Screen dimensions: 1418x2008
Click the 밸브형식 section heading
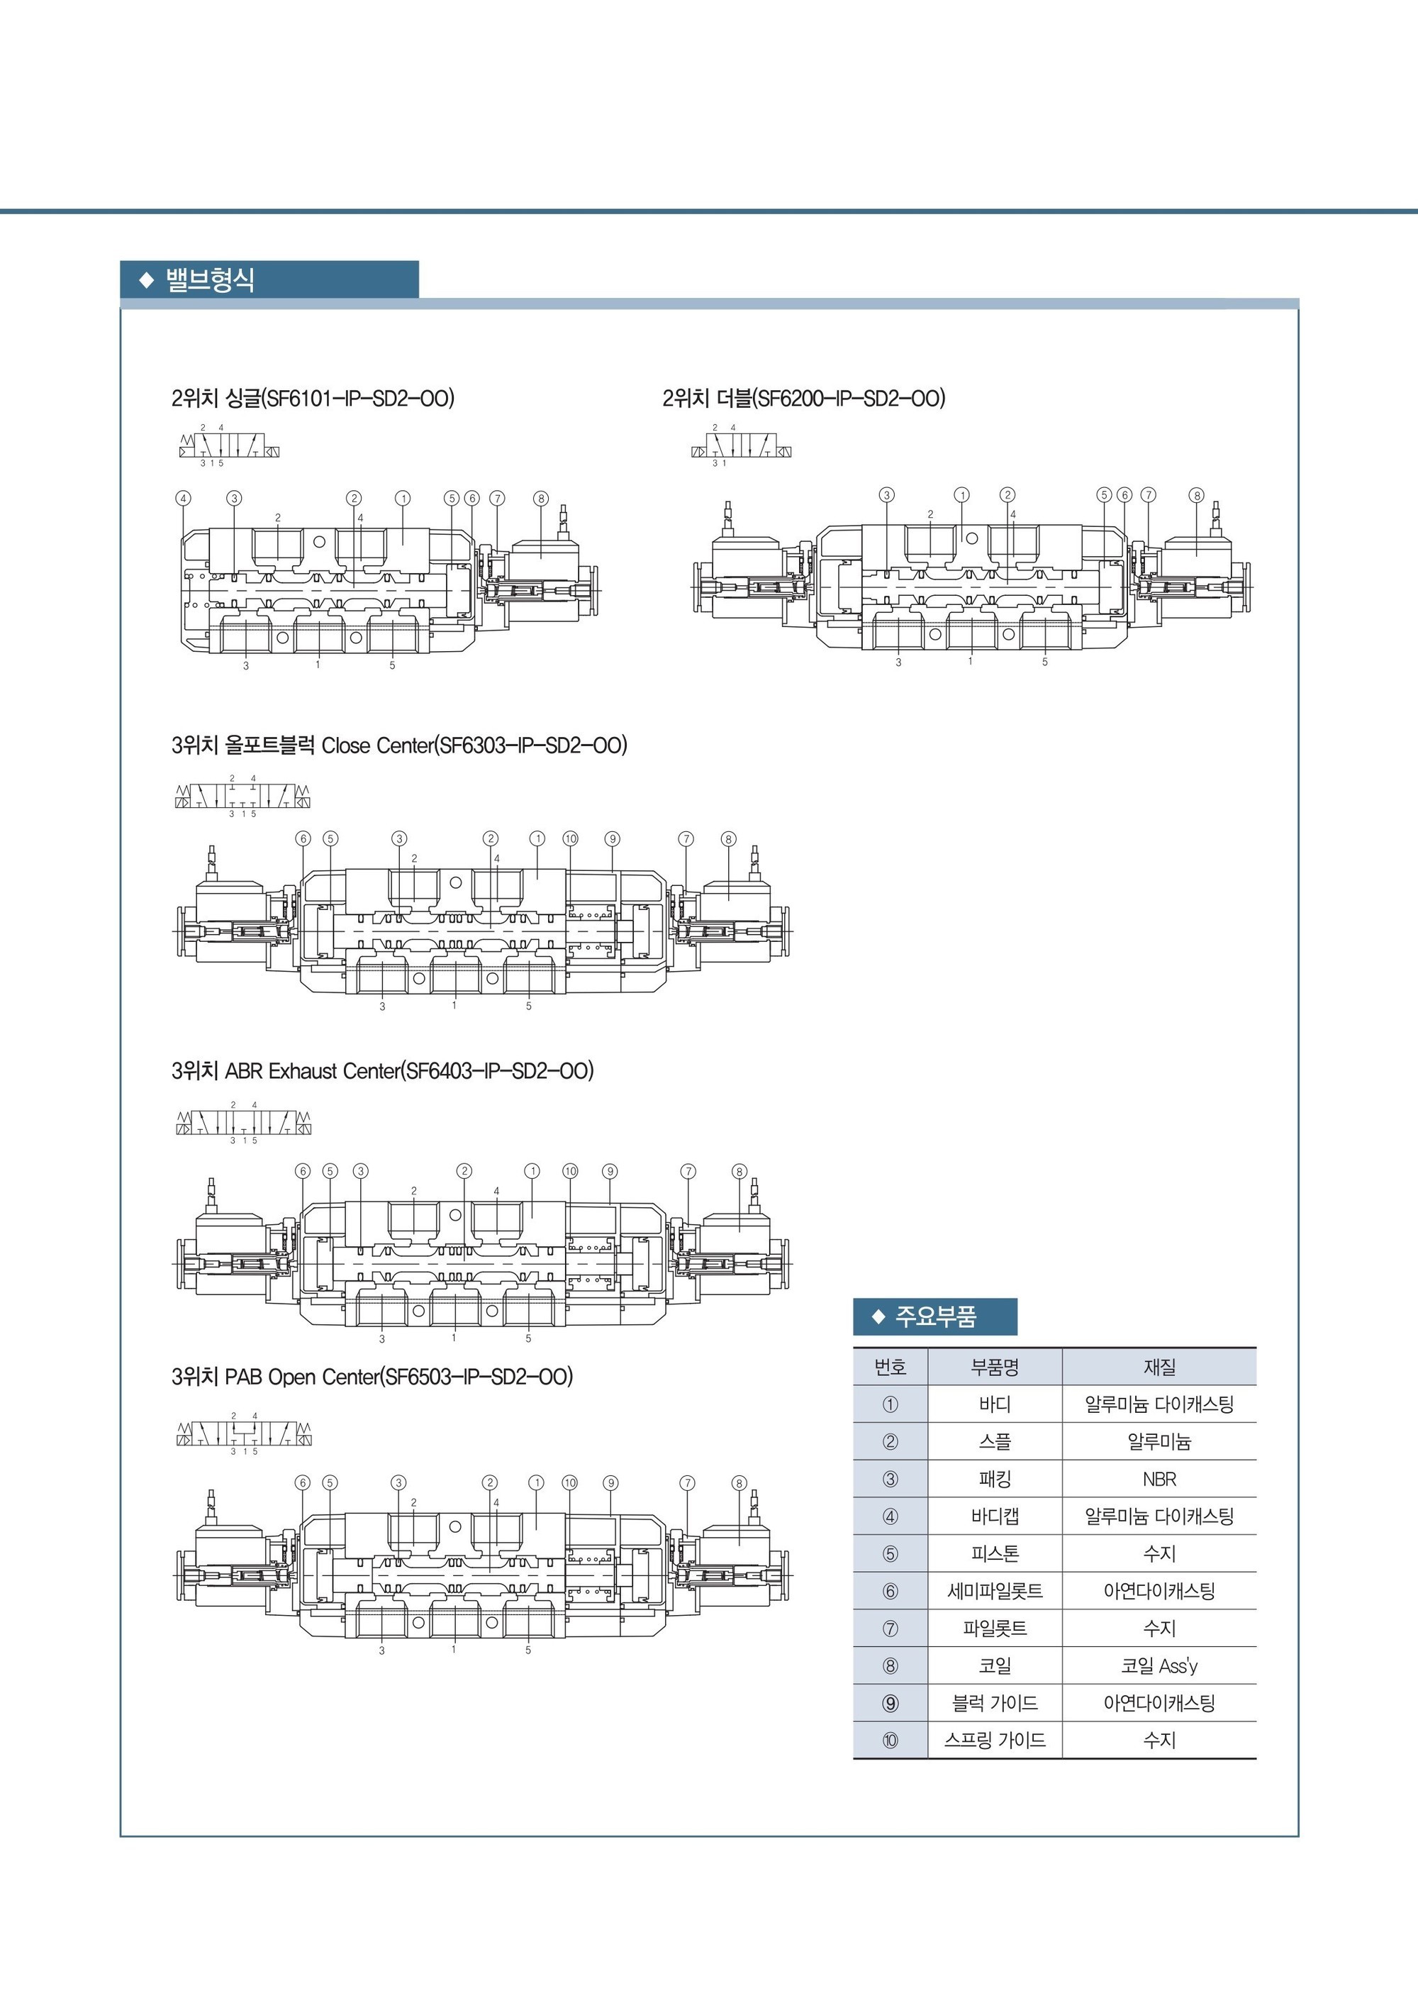pos(210,280)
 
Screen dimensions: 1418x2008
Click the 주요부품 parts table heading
pos(935,1316)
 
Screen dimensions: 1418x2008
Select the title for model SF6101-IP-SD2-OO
pos(313,399)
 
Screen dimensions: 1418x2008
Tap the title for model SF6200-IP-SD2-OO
pos(804,399)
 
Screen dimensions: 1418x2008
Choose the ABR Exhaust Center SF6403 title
pos(383,1070)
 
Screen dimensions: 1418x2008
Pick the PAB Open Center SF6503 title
pos(372,1377)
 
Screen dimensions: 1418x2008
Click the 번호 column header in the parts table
pos(890,1367)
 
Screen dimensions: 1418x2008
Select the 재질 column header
pos(1159,1367)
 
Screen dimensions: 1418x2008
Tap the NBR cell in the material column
pos(1159,1479)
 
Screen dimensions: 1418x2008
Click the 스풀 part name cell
pos(995,1441)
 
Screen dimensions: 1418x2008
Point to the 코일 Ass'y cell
pos(1159,1666)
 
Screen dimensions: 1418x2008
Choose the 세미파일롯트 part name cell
pos(995,1591)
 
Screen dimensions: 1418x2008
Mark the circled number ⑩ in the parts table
pos(890,1741)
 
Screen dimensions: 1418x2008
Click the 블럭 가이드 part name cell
pos(995,1703)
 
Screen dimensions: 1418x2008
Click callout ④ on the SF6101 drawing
pos(184,499)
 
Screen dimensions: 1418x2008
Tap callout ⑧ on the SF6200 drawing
pos(1197,495)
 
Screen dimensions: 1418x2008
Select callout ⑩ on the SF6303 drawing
pos(570,838)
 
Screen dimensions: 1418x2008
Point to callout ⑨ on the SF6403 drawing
pos(610,1171)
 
